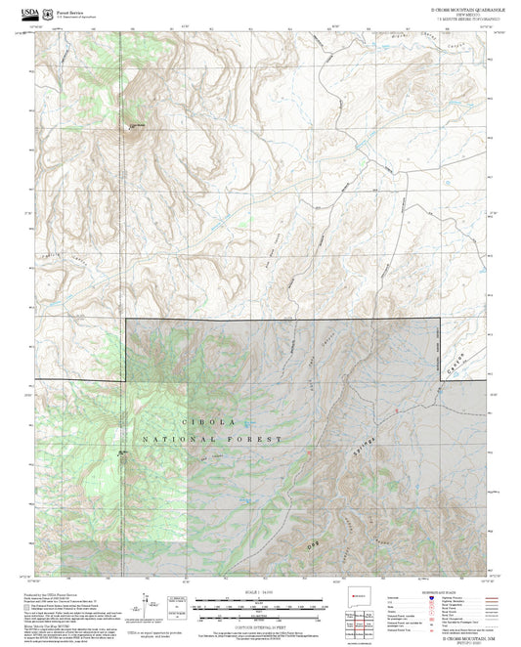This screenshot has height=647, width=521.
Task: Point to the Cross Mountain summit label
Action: (138, 124)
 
